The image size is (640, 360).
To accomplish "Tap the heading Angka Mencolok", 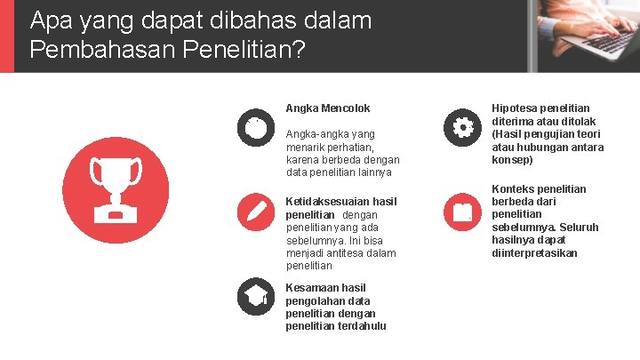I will tap(327, 108).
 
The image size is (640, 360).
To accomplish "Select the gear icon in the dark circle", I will tap(462, 126).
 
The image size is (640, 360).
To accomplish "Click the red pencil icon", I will tap(256, 212).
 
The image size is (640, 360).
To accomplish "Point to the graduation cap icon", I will tap(256, 297).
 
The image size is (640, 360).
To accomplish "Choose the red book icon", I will tap(462, 212).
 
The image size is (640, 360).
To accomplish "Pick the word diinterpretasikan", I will tap(534, 253).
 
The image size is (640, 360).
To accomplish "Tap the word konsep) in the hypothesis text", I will tap(512, 160).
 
